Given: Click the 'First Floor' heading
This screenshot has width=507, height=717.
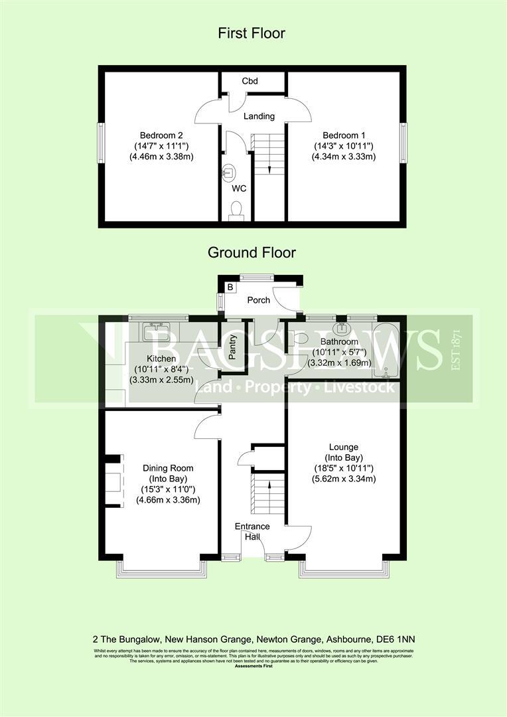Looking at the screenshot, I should [252, 33].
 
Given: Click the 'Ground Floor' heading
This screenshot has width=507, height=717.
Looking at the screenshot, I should [252, 252].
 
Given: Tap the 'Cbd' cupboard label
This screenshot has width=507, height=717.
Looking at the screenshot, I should [250, 81].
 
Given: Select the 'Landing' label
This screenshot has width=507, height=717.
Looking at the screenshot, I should [259, 116].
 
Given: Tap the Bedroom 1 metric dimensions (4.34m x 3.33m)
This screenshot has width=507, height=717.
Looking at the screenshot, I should [344, 157].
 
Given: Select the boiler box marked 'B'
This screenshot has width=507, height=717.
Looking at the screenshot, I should [230, 287].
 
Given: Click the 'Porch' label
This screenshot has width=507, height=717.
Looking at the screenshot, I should [258, 300].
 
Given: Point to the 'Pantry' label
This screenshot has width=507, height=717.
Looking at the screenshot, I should [233, 347].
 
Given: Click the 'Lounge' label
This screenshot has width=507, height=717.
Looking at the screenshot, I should [342, 447].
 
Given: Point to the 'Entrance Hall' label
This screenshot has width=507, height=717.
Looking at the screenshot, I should [252, 532].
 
